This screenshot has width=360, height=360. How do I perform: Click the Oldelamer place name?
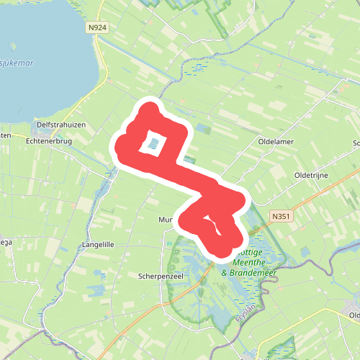coord(276,142)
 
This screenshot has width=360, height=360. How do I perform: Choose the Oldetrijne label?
coord(311,175)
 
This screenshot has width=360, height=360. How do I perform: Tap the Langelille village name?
coord(99,245)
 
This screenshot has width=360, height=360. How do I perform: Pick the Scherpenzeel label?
coord(159,276)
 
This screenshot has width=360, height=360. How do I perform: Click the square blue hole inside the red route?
coord(154,143)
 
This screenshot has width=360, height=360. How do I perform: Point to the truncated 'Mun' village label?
coord(166,220)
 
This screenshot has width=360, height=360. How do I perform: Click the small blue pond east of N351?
coord(305,251)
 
